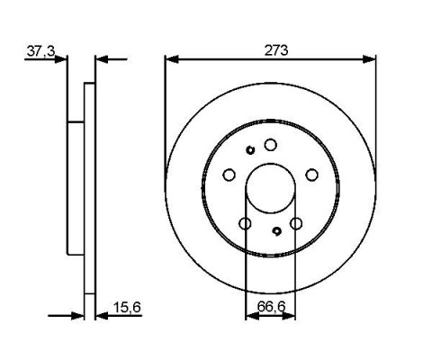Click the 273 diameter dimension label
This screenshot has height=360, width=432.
tap(276, 50)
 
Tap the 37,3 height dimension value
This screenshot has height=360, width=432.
tap(41, 51)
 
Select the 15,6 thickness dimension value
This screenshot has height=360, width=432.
tap(127, 308)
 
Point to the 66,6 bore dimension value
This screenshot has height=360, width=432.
tap(271, 307)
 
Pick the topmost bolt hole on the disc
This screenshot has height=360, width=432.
tap(271, 145)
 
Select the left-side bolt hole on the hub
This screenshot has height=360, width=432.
tap(229, 175)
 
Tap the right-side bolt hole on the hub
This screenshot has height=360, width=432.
tap(311, 175)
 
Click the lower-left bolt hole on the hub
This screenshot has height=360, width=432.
tap(245, 223)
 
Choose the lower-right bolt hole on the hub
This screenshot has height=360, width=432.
tap(296, 223)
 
